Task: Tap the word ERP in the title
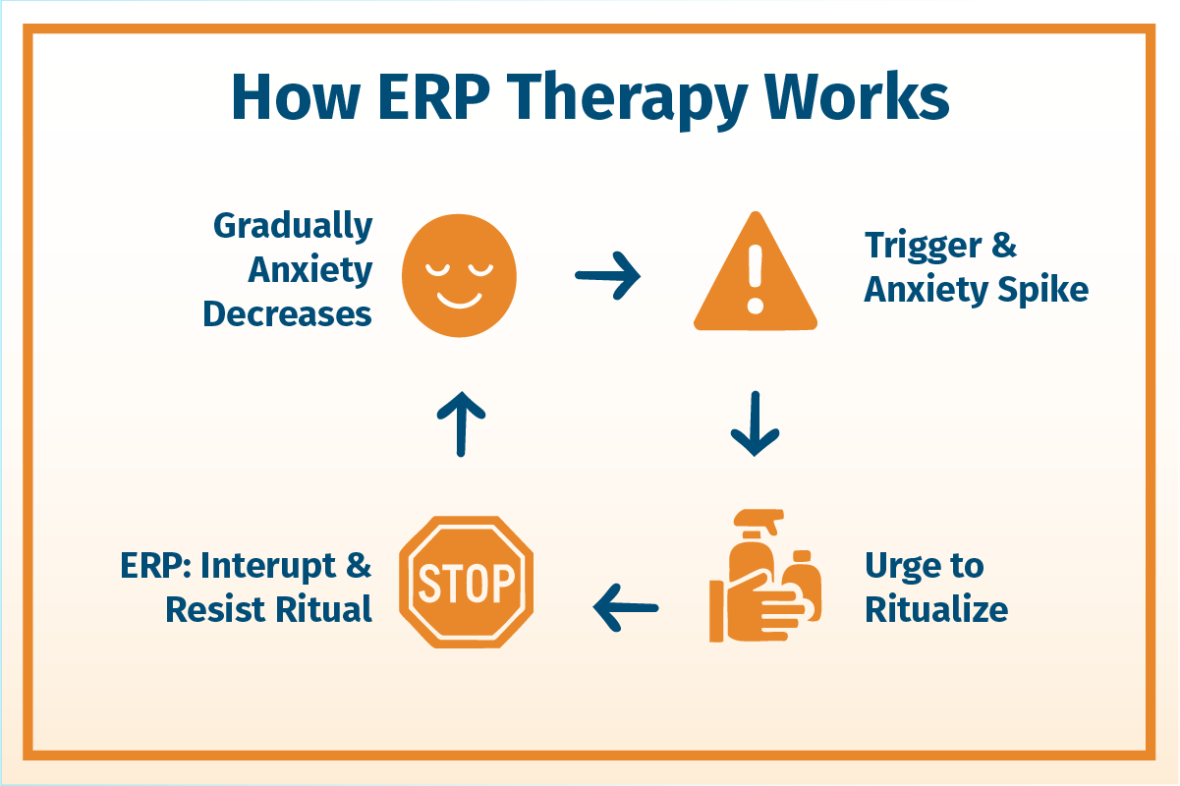[x=433, y=97]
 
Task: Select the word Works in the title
[x=857, y=96]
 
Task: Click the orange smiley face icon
[x=459, y=275]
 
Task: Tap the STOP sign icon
[x=467, y=582]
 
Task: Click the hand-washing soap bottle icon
[x=765, y=576]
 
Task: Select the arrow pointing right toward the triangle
[x=608, y=275]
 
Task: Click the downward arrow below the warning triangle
[x=755, y=423]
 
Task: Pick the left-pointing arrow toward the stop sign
[x=626, y=608]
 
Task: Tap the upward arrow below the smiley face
[x=461, y=424]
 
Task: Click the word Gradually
[x=293, y=227]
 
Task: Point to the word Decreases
[x=287, y=314]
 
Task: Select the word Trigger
[x=923, y=247]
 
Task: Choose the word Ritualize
[x=936, y=609]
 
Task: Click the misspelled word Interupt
[x=268, y=567]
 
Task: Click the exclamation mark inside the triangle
[x=756, y=279]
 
